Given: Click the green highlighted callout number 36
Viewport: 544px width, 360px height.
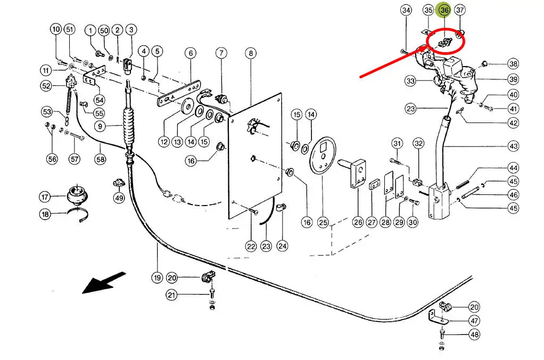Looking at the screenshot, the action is [x=444, y=10].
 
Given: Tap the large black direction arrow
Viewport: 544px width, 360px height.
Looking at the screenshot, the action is [x=104, y=282].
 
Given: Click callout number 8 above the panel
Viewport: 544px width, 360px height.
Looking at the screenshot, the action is [x=251, y=53].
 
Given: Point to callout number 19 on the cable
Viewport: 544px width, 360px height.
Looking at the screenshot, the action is [x=157, y=277].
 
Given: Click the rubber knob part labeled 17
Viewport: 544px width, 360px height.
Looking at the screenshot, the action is [x=77, y=195].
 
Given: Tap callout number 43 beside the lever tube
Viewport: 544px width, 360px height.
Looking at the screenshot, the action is [x=513, y=146].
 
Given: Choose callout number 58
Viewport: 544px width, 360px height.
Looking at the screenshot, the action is [x=100, y=159].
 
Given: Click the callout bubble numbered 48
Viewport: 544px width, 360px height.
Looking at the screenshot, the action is [x=474, y=334].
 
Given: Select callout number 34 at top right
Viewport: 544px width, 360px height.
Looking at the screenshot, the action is [x=406, y=10].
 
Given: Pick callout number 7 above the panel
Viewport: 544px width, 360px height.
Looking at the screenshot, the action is [x=221, y=53].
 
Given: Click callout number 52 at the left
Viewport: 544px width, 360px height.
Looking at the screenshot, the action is [x=46, y=86].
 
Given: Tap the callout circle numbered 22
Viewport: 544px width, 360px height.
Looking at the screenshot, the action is [x=251, y=247].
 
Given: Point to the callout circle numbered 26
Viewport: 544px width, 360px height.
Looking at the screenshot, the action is [x=358, y=222].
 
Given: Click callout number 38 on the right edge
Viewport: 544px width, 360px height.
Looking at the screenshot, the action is [x=513, y=63].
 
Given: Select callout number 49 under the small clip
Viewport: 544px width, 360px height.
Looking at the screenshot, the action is [x=119, y=198].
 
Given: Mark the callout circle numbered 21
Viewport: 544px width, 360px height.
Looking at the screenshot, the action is [x=171, y=295].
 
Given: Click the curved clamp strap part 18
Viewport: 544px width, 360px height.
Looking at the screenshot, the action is [x=78, y=214].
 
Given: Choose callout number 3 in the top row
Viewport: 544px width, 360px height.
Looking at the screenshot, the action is [x=131, y=29].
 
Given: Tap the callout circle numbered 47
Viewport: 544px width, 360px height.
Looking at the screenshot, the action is [x=474, y=321].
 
